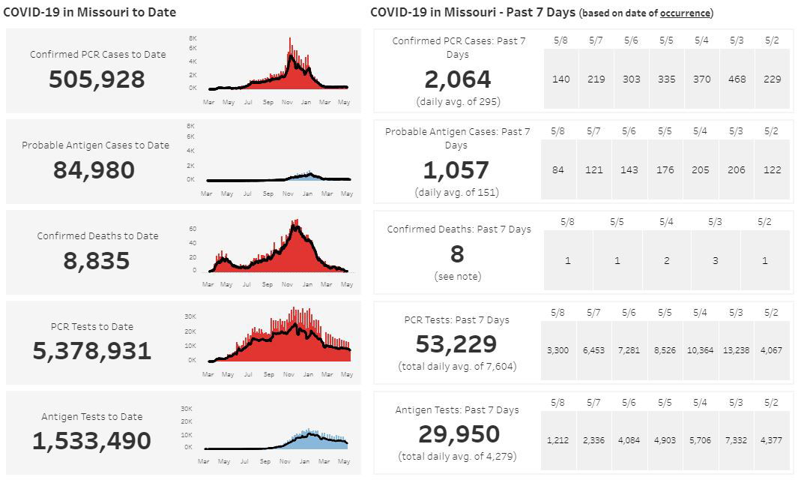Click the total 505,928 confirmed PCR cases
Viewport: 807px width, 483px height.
coord(97,79)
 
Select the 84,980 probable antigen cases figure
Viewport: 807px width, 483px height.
coord(94,170)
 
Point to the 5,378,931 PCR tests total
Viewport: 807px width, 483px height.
coord(91,351)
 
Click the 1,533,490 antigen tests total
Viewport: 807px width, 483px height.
coord(91,441)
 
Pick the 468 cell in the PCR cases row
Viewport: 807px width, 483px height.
coord(737,79)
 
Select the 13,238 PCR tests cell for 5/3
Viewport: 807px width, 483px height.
coord(737,350)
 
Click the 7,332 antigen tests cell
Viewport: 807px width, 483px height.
coord(737,440)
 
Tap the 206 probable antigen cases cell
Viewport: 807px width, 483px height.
coord(737,169)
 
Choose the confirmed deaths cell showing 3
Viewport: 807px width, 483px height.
coord(715,260)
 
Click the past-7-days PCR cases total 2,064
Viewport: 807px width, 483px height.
coord(457,79)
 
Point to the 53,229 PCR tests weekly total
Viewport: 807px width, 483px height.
coord(456,344)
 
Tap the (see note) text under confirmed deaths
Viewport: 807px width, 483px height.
coord(457,277)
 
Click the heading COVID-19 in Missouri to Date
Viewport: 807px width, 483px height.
coord(90,13)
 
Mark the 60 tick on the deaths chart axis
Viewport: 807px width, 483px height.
coord(193,229)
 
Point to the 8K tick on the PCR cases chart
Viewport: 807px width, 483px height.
coord(193,38)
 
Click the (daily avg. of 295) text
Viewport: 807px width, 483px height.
coord(457,101)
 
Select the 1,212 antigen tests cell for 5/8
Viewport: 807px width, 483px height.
coord(558,440)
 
